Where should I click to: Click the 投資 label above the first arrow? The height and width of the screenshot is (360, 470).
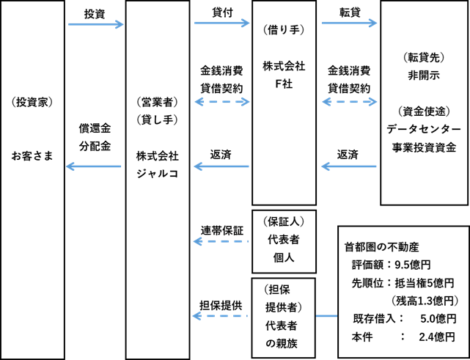tap(95, 13)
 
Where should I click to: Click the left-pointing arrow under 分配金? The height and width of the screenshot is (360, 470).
tap(95, 167)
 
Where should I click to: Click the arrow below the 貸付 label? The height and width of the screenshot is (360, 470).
tap(221, 24)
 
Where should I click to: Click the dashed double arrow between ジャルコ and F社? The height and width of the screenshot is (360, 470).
tap(221, 102)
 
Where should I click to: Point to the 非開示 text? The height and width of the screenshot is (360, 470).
tap(424, 75)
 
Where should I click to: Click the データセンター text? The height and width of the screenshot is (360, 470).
tap(424, 129)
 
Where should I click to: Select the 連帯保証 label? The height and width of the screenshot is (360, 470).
tap(222, 229)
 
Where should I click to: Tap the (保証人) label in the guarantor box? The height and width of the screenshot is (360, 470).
tap(284, 221)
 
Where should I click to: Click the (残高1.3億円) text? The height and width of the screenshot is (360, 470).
tap(421, 301)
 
